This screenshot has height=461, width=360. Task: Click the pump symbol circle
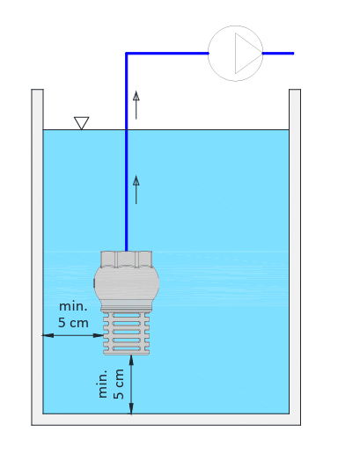209,53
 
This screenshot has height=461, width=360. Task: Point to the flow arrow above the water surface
136,106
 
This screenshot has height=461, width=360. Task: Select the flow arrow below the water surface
136,190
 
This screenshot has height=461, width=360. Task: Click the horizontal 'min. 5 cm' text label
73,314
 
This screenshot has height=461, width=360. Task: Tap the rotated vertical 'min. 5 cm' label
111,384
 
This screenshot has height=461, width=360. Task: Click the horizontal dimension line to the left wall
73,335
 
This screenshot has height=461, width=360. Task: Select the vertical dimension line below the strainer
131,384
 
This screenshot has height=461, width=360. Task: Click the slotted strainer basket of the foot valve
127,333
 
